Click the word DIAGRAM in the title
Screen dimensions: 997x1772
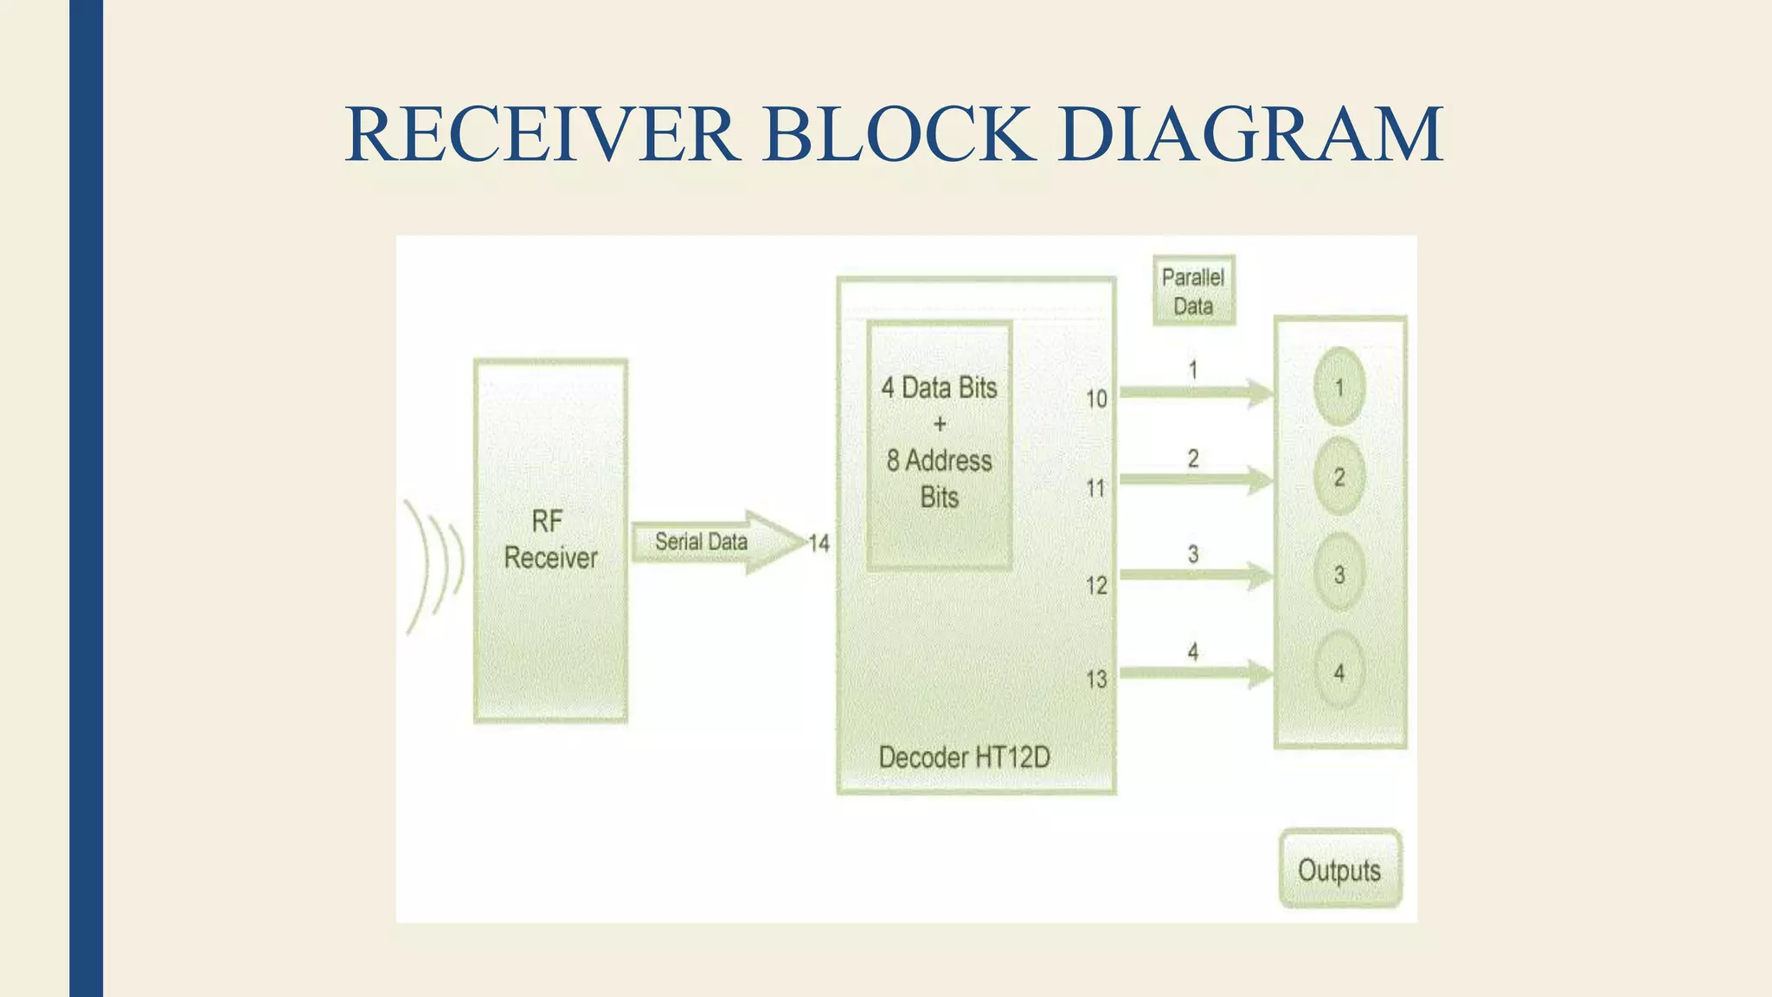point(1249,134)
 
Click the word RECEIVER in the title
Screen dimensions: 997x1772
point(542,134)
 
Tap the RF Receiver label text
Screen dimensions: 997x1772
point(550,539)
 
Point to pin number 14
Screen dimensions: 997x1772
point(819,544)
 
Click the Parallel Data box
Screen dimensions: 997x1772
point(1193,291)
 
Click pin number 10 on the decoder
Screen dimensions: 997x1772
point(1096,399)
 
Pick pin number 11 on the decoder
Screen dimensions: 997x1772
point(1096,489)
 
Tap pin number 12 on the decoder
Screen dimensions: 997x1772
point(1096,586)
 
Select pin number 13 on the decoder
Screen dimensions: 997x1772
point(1096,679)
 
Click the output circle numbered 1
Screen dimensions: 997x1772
point(1339,387)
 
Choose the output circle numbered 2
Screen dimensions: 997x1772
point(1339,477)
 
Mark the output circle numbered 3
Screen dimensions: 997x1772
point(1339,574)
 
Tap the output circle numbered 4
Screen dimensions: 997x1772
point(1339,672)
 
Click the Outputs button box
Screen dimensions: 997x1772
point(1339,869)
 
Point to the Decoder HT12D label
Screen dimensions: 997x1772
point(964,758)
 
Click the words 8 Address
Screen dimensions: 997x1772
point(939,460)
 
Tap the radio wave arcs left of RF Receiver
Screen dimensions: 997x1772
point(435,563)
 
